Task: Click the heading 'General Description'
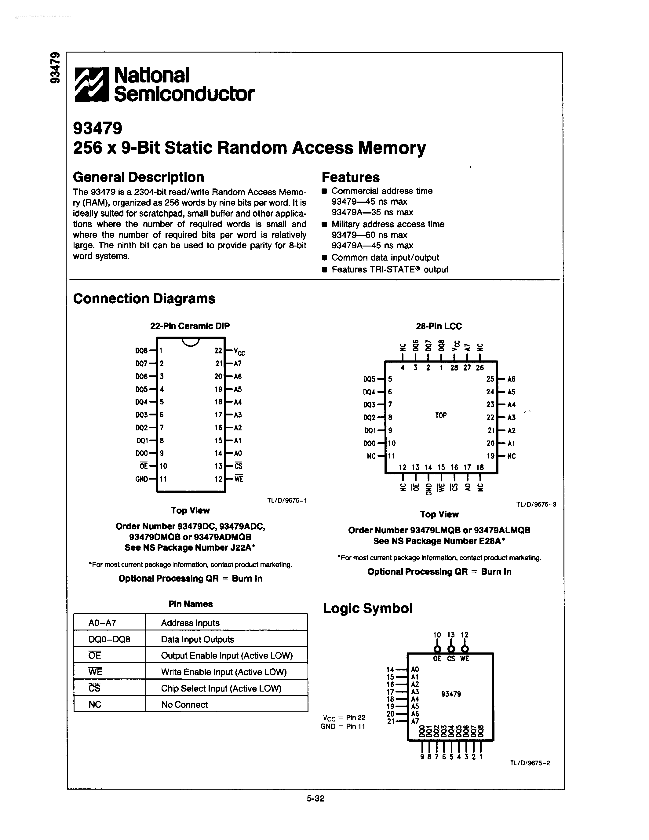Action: [138, 177]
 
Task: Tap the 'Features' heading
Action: [350, 177]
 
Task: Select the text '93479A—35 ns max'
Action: [372, 212]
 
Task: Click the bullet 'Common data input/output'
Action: [385, 257]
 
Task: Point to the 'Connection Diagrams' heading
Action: [144, 298]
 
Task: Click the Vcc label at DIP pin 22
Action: [239, 352]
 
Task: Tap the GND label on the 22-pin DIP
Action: [141, 479]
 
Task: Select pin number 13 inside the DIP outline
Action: [218, 466]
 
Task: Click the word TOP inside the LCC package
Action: [441, 415]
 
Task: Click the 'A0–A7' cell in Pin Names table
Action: [102, 623]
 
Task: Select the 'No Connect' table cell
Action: [184, 704]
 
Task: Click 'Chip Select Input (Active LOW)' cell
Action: [221, 688]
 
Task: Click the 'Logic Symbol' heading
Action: [367, 608]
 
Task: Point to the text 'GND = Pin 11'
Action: [343, 726]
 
